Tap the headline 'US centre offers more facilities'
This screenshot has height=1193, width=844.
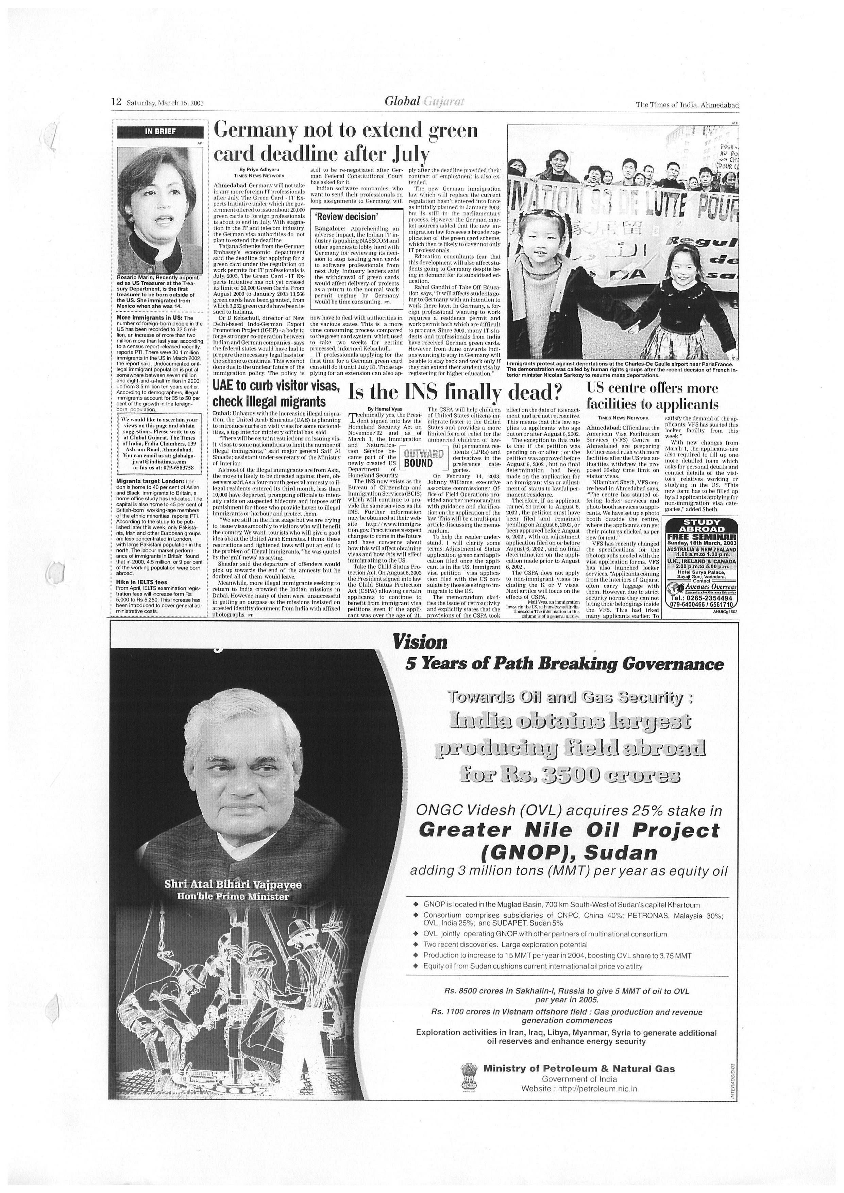[652, 396]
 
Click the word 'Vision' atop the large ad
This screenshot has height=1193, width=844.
[420, 642]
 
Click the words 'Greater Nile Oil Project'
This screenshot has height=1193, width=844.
[569, 830]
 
